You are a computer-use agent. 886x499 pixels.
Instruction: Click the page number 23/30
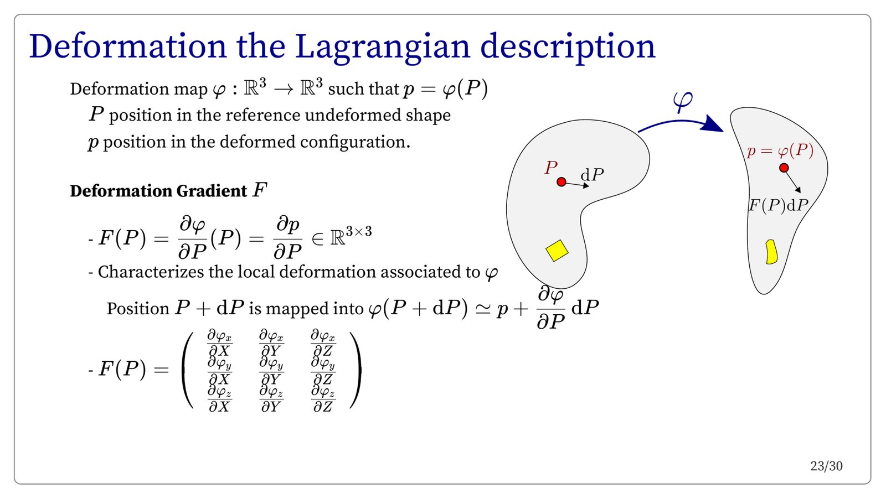tap(826, 466)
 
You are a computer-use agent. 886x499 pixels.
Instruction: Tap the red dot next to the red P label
tap(562, 182)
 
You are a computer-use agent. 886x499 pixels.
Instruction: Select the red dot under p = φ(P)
tap(784, 168)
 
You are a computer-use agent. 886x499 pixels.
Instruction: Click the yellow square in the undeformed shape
tap(557, 251)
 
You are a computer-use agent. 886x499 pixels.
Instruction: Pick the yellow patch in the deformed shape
tap(771, 252)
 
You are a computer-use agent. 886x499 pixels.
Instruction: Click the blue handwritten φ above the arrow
tap(683, 101)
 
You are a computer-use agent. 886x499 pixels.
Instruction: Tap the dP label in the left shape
tap(592, 174)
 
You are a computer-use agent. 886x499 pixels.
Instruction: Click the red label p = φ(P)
tap(780, 150)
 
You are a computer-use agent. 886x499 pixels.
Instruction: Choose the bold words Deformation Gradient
tap(158, 191)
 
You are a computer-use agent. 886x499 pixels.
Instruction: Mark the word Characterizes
tap(151, 272)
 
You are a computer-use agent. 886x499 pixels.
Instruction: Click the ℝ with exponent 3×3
tap(351, 236)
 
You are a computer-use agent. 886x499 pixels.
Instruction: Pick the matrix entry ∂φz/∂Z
tap(323, 399)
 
